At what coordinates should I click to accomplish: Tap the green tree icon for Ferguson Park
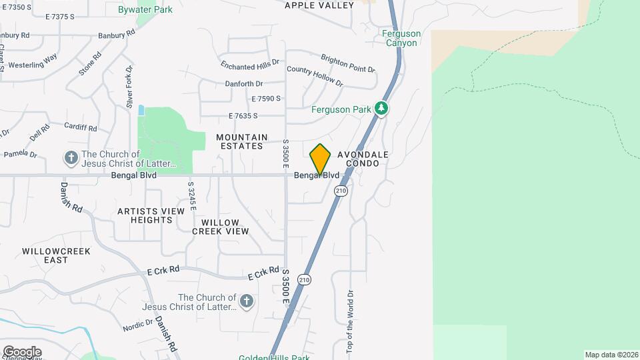tap(381, 108)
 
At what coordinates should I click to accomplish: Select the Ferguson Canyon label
tap(401, 38)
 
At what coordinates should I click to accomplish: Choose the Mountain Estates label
tap(241, 141)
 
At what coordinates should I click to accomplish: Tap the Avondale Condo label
tap(363, 159)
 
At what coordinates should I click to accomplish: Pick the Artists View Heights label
tap(151, 215)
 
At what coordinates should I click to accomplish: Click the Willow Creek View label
tap(220, 227)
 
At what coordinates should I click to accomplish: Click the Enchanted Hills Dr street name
tap(251, 65)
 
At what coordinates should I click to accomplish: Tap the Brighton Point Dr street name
tap(348, 64)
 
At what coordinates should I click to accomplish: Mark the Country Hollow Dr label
tap(315, 77)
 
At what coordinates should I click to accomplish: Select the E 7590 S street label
tap(266, 99)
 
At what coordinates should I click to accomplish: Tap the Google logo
tap(21, 351)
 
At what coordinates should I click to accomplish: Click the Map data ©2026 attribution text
tap(611, 355)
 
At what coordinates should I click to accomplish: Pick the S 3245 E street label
tap(191, 195)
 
